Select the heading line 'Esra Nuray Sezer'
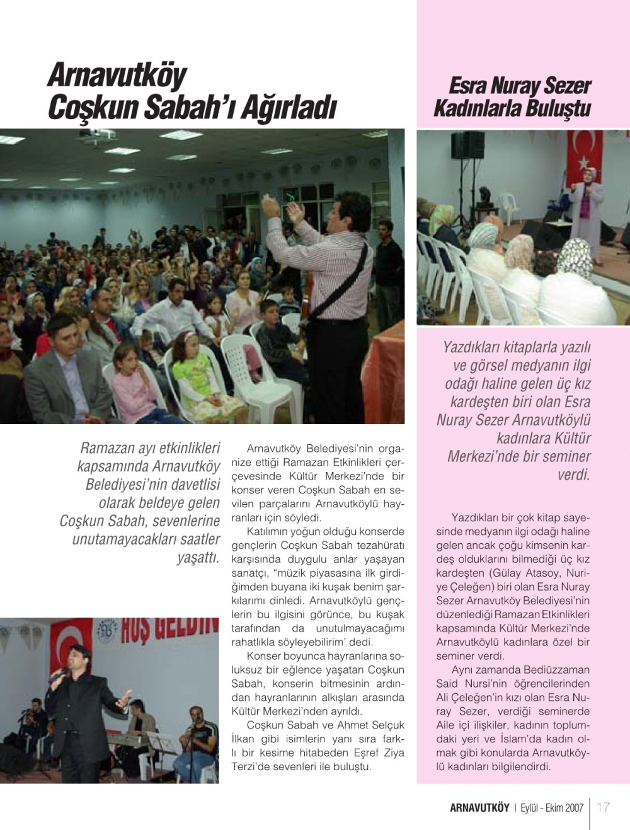pyautogui.click(x=520, y=86)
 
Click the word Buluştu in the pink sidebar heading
pyautogui.click(x=555, y=108)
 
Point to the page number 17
pyautogui.click(x=604, y=807)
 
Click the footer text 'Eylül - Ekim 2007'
pyautogui.click(x=552, y=808)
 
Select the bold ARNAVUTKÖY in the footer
pyautogui.click(x=479, y=808)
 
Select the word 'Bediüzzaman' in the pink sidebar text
pyautogui.click(x=556, y=669)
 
